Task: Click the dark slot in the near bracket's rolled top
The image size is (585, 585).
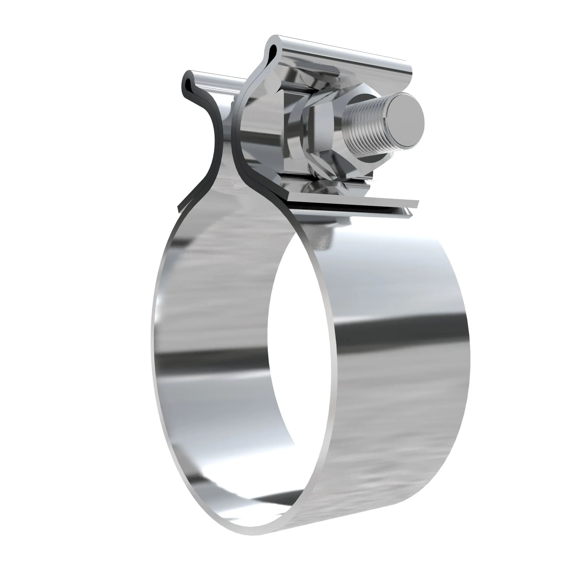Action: coord(273,49)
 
